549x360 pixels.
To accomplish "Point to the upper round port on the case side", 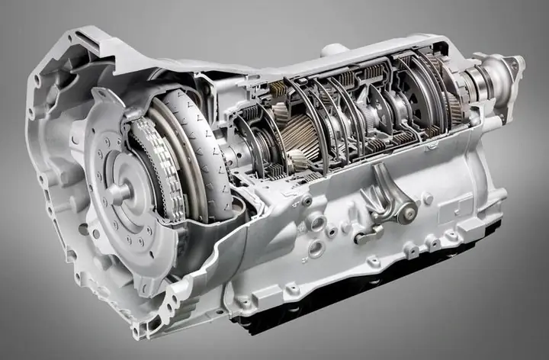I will pos(316,223).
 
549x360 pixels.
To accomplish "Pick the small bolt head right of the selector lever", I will pos(428,200).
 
